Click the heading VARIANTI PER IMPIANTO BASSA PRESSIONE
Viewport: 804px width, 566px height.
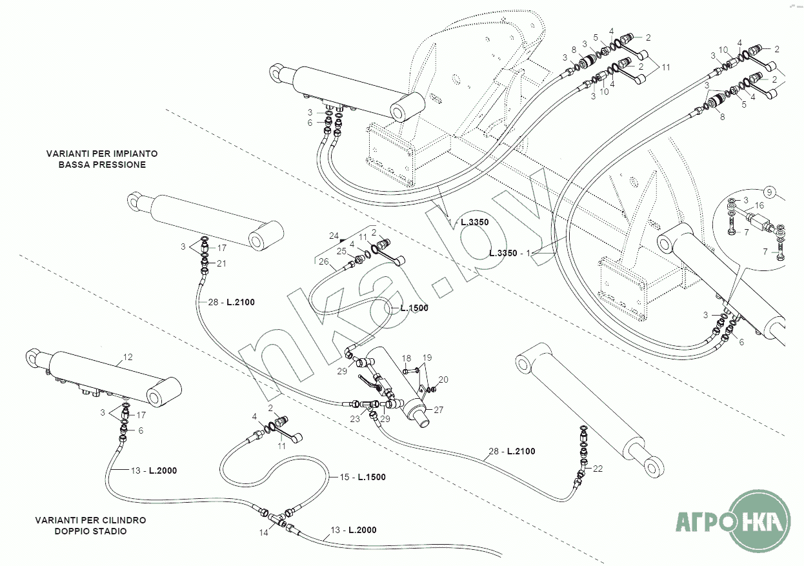coord(102,159)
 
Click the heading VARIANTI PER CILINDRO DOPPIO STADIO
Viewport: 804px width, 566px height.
coord(90,526)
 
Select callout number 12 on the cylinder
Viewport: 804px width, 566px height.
coord(127,356)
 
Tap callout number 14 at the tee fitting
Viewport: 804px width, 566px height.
coord(263,533)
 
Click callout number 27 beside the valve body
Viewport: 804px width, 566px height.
coord(439,410)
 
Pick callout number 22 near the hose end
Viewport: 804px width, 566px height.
coord(598,469)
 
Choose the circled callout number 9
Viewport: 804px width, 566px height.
coord(769,191)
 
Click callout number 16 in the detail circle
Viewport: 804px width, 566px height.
coord(759,205)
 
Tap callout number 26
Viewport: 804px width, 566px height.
coord(323,261)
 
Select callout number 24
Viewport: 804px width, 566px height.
coord(334,235)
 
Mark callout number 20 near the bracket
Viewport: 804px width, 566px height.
coord(443,379)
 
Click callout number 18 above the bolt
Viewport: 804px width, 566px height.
coord(407,358)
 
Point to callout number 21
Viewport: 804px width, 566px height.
coord(221,263)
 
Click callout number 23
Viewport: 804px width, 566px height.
coord(355,419)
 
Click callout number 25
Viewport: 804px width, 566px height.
coord(341,250)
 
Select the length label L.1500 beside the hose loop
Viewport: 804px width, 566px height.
coord(414,308)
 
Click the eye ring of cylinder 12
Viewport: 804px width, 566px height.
coord(34,356)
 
